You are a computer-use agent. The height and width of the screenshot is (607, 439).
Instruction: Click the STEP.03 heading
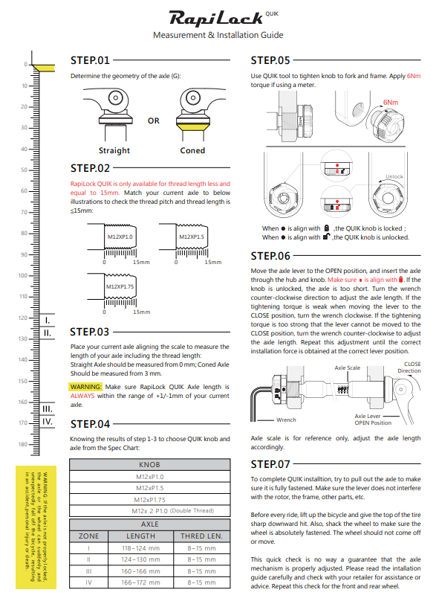(90, 333)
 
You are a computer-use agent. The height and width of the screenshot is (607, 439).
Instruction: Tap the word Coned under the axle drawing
(192, 150)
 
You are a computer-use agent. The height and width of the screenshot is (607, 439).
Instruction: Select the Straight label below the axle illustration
(114, 150)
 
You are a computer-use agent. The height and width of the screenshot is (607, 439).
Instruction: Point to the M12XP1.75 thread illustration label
(120, 287)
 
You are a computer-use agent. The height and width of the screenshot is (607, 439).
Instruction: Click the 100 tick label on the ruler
(23, 276)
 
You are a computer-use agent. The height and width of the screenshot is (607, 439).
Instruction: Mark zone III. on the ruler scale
(47, 409)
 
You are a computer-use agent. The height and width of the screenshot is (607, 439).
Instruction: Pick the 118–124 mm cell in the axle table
(140, 548)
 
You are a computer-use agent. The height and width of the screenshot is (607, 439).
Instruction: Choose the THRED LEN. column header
(202, 536)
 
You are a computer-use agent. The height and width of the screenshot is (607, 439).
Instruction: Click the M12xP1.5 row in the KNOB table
(150, 488)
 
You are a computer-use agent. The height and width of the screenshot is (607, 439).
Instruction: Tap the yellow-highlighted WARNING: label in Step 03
(85, 387)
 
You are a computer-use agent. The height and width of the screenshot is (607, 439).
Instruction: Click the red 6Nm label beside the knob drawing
(391, 102)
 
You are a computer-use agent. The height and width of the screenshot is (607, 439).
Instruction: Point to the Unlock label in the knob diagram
(394, 176)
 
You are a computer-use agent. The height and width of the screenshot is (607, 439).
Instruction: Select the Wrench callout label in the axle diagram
(287, 420)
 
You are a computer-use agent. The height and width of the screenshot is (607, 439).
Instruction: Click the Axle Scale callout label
(348, 367)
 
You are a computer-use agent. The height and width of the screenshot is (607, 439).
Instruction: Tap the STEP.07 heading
(270, 464)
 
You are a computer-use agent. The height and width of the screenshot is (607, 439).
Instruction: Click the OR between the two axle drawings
(154, 121)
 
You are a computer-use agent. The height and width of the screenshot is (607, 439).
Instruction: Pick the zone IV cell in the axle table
(89, 582)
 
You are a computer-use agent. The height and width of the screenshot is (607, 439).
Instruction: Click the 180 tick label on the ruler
(23, 444)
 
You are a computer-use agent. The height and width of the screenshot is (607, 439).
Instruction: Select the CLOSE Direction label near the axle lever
(409, 367)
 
